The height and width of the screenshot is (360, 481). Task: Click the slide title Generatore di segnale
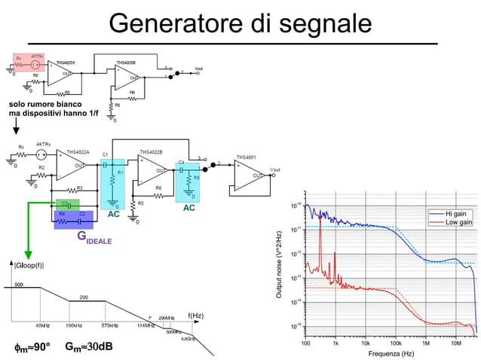pyautogui.click(x=240, y=23)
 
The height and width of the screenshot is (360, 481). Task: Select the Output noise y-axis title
pyautogui.click(x=280, y=264)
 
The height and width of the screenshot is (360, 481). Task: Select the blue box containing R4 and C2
pyautogui.click(x=73, y=219)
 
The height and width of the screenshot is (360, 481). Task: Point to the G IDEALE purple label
pyautogui.click(x=93, y=238)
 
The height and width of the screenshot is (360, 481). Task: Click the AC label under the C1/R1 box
pyautogui.click(x=113, y=215)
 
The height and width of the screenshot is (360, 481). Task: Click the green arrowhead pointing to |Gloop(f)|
pyautogui.click(x=28, y=253)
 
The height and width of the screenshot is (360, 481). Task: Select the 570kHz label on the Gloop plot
pyautogui.click(x=110, y=325)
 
